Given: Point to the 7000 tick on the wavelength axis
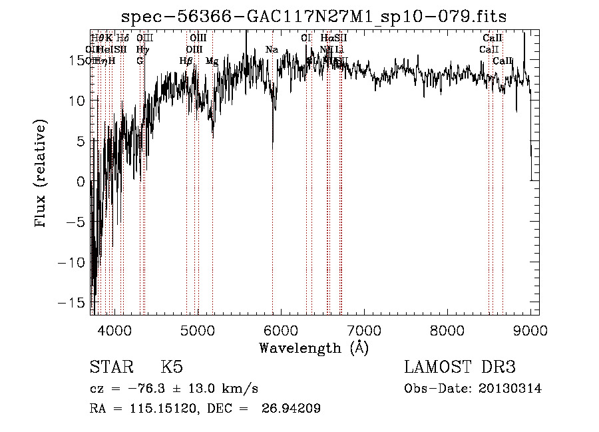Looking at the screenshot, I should pyautogui.click(x=364, y=330).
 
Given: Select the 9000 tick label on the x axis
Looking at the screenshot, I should pyautogui.click(x=530, y=330).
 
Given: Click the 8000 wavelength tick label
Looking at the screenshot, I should pyautogui.click(x=447, y=330).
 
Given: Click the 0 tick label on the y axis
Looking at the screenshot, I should pyautogui.click(x=80, y=181).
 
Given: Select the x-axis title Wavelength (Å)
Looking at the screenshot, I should pyautogui.click(x=313, y=348).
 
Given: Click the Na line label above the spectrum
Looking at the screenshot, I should pyautogui.click(x=272, y=49).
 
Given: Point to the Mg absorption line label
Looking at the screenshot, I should pyautogui.click(x=212, y=61).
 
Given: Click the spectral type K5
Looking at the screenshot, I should pyautogui.click(x=172, y=367).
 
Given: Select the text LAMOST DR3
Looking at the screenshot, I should pyautogui.click(x=460, y=367).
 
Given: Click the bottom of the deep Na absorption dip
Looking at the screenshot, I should pyautogui.click(x=272, y=142).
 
